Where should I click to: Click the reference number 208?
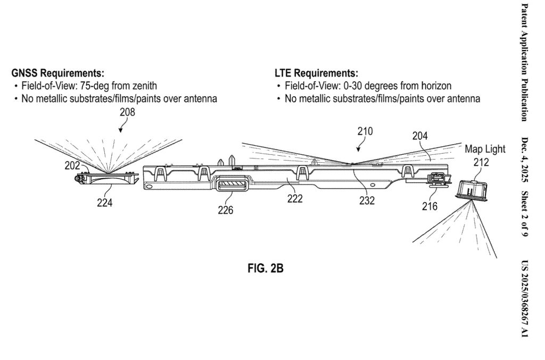point(127,112)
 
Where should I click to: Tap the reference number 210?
point(365,131)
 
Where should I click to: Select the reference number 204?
point(420,136)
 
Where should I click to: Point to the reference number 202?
point(72,165)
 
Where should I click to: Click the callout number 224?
point(105,203)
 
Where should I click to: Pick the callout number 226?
point(226,210)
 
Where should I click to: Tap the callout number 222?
point(295,198)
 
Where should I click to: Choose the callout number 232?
point(367,200)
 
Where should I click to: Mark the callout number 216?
point(430,206)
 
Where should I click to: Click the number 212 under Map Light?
point(481,162)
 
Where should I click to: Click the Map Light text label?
point(485,149)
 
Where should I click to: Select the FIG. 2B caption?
point(266,269)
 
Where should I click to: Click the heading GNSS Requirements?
point(57,73)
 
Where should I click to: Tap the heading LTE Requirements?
point(316,73)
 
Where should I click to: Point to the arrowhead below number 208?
point(120,131)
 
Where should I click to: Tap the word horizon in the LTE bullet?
point(436,86)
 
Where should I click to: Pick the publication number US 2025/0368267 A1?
point(524,298)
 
